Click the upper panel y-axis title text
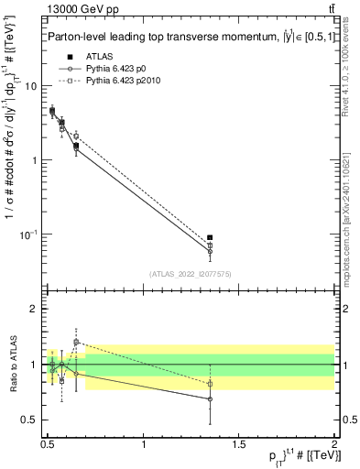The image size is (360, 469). tap(10, 156)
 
